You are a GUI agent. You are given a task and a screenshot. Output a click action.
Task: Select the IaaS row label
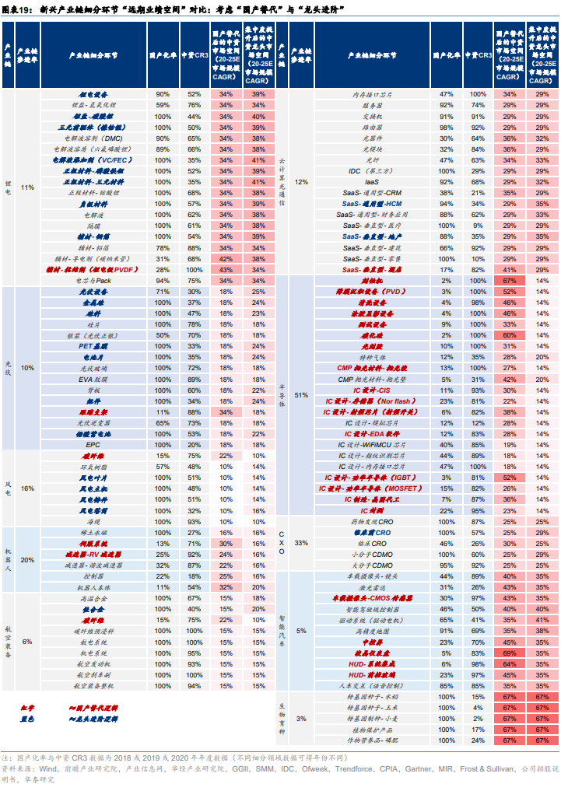pyautogui.click(x=372, y=181)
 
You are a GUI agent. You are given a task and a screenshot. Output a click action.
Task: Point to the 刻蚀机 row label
pyautogui.click(x=372, y=279)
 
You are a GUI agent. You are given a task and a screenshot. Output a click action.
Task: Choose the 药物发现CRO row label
pyautogui.click(x=372, y=520)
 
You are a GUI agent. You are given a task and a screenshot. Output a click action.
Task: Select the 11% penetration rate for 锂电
pyautogui.click(x=28, y=187)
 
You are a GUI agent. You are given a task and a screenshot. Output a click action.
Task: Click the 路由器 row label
pyautogui.click(x=372, y=126)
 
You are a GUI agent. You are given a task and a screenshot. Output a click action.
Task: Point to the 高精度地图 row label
pyautogui.click(x=372, y=630)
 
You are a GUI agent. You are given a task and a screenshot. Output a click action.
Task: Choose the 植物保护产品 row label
pyautogui.click(x=372, y=729)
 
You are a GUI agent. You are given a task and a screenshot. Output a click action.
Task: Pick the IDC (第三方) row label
pyautogui.click(x=372, y=170)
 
